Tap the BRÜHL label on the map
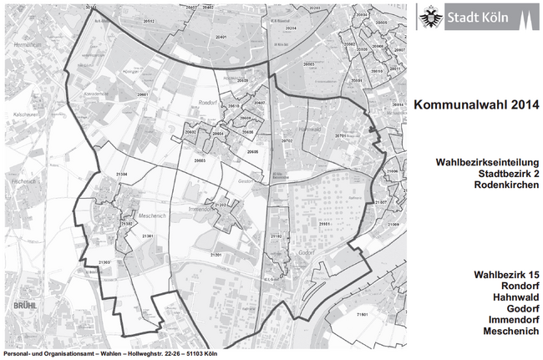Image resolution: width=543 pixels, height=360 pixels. [x=14, y=306]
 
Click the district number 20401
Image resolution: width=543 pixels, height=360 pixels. [x=221, y=38]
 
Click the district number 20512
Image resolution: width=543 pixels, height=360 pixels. [x=149, y=18]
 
